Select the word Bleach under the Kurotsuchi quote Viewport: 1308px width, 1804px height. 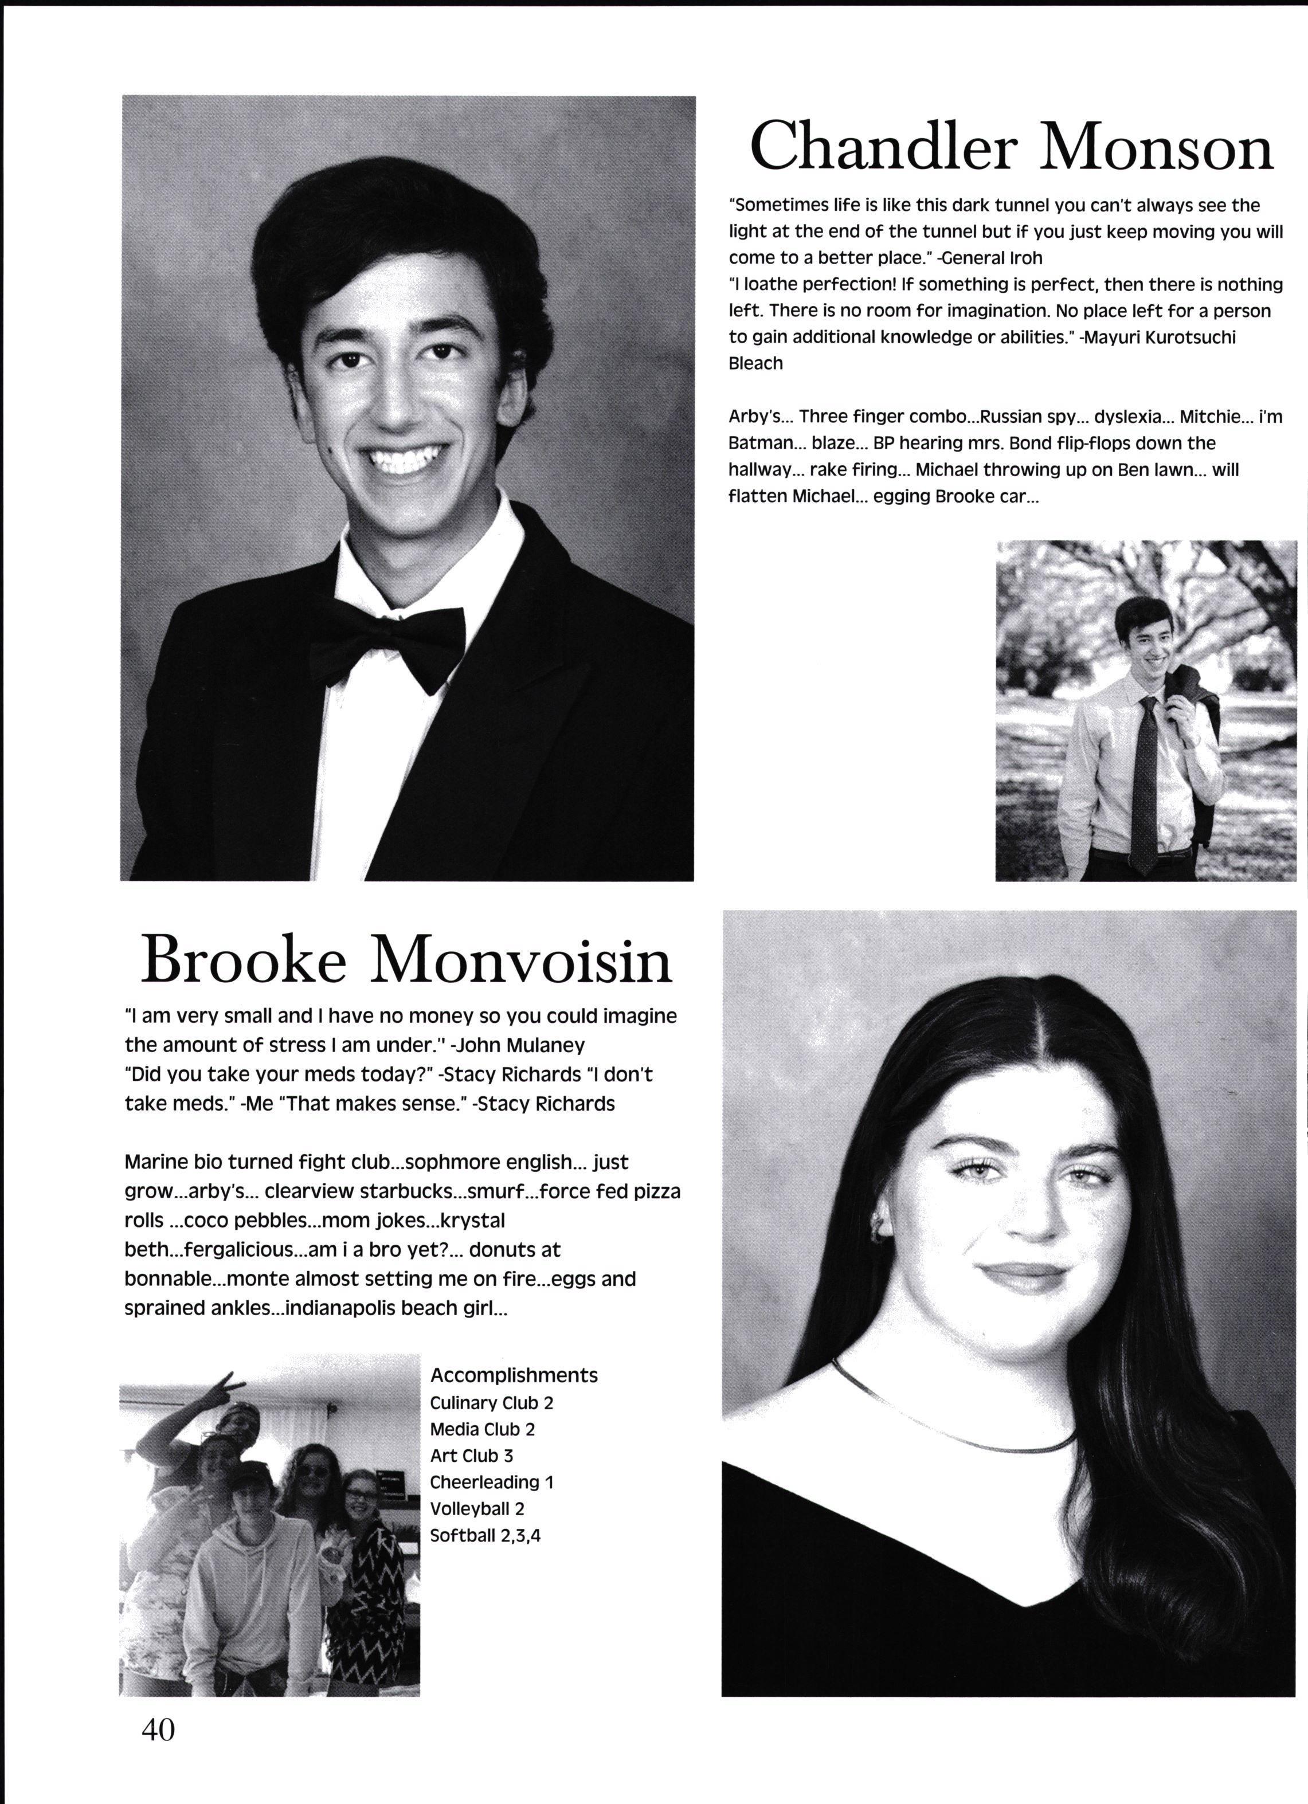(756, 363)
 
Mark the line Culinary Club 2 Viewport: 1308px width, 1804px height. (491, 1402)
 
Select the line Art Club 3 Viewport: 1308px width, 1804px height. (471, 1455)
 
